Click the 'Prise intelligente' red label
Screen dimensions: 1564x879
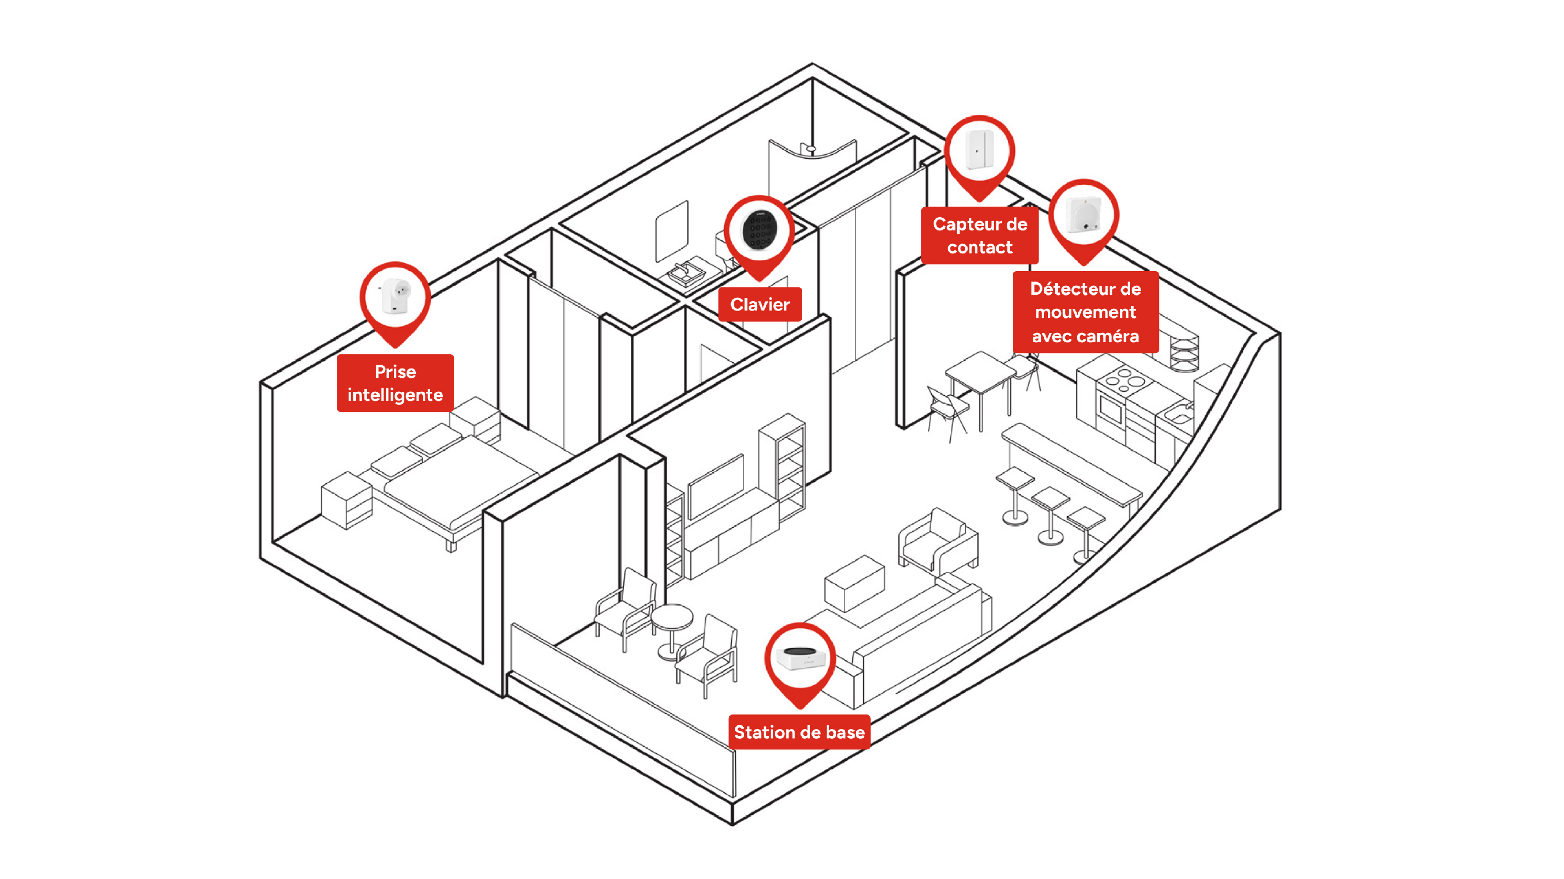[x=395, y=383]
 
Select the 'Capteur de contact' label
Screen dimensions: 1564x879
[x=979, y=235]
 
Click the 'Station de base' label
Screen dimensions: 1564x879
[x=799, y=732]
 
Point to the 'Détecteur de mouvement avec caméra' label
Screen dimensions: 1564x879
[x=1086, y=312]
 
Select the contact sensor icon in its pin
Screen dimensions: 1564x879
[x=979, y=149]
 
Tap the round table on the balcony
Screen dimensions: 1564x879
[x=671, y=628]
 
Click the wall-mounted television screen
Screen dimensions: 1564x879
[x=716, y=486]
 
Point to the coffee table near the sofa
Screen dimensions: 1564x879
[x=854, y=582]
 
